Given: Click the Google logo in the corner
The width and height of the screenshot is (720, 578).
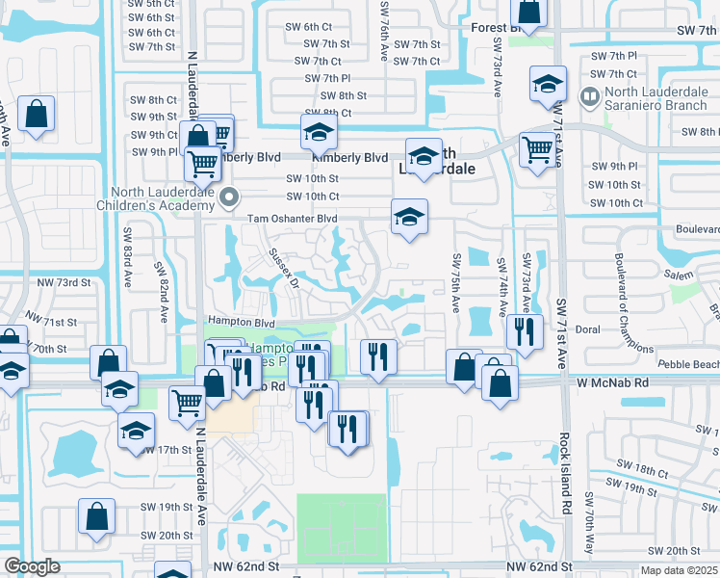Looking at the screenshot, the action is (32, 567).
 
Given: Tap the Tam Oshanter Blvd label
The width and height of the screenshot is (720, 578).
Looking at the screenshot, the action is (293, 219).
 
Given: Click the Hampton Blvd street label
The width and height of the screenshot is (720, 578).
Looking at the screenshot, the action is (242, 323).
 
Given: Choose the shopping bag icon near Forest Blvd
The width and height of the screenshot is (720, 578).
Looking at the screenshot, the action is (529, 12).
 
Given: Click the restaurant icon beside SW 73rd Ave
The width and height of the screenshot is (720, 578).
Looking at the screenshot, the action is (525, 331).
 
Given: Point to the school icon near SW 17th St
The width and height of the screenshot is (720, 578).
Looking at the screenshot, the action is (137, 430).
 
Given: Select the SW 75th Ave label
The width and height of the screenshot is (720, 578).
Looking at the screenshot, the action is (455, 281).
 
